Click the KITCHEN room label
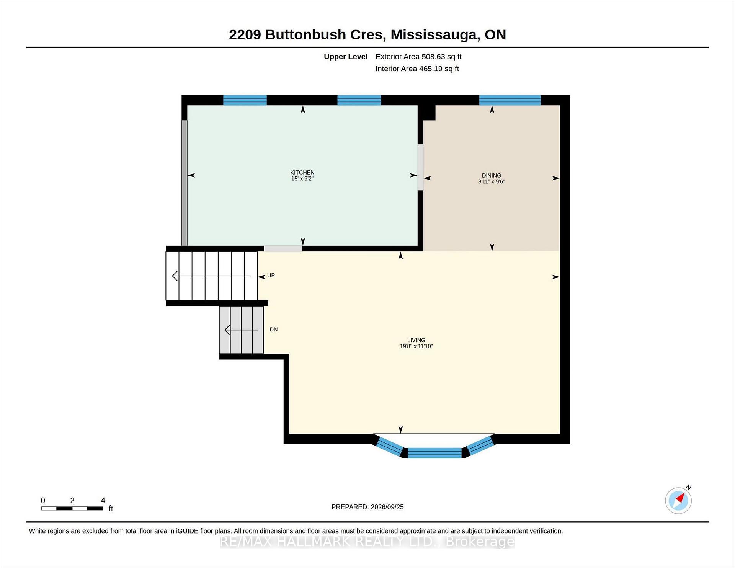(302, 173)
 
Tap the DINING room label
(492, 176)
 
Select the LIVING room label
(416, 340)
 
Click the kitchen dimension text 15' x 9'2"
(302, 179)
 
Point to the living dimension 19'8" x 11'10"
(416, 346)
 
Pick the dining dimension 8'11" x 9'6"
(492, 182)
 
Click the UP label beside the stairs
(271, 276)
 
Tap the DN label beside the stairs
(274, 330)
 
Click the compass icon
(678, 500)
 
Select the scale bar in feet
(72, 508)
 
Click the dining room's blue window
(510, 100)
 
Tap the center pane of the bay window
(434, 453)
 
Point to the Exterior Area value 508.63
(433, 57)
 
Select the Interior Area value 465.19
(431, 69)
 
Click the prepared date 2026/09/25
(387, 507)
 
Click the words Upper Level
(346, 57)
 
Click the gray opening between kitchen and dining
(420, 167)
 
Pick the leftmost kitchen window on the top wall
(245, 100)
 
